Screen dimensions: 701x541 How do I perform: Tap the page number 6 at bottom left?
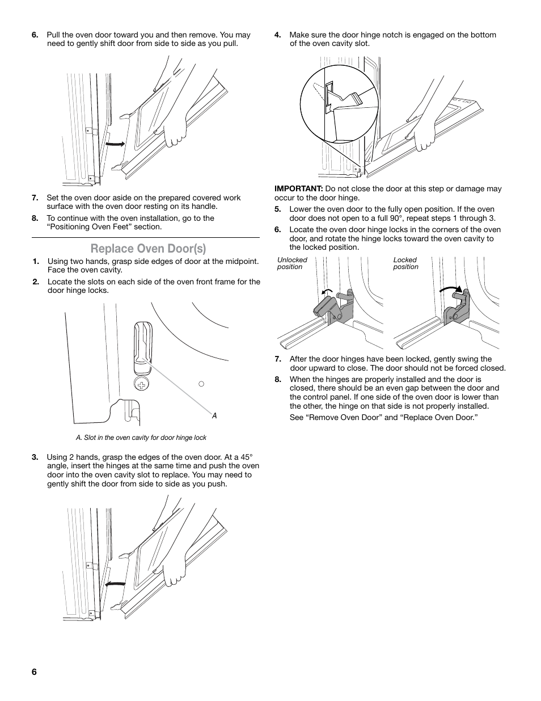point(35,671)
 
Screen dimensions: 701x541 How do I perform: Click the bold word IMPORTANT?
point(298,189)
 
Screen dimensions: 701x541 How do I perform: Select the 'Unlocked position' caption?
point(292,263)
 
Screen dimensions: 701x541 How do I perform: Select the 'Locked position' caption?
point(405,263)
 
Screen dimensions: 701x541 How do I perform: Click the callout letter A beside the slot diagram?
point(214,416)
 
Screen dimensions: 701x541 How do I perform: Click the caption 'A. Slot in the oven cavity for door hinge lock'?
point(141,438)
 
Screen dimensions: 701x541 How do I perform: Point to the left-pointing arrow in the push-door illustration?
point(116,583)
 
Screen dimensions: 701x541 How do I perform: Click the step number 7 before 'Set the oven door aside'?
point(35,198)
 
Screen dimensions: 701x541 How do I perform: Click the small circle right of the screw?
point(201,384)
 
